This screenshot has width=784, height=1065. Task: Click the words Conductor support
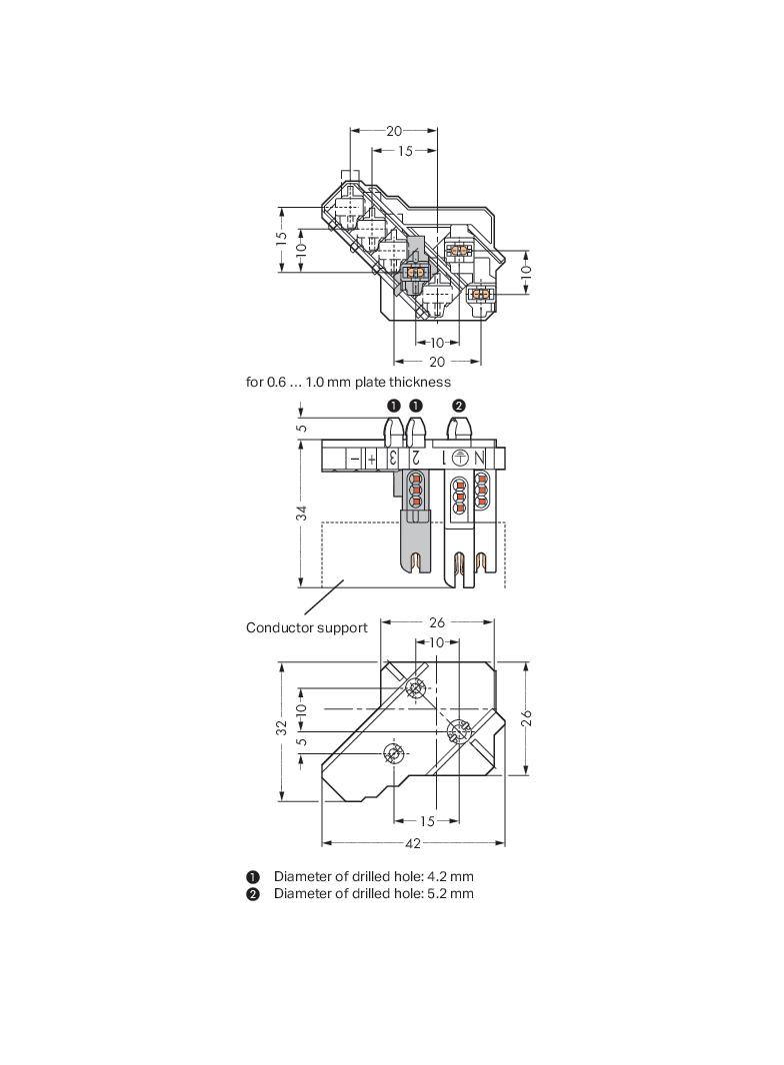click(306, 627)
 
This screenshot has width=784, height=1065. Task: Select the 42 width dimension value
click(413, 843)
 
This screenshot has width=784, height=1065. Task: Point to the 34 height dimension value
click(301, 512)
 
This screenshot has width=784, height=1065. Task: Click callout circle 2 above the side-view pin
click(459, 406)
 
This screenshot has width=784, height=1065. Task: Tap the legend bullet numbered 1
click(253, 876)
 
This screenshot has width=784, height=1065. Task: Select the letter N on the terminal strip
click(479, 459)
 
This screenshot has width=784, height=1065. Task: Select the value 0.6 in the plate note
click(277, 382)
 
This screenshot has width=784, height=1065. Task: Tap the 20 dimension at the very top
click(394, 131)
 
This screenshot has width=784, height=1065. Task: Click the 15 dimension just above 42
click(427, 821)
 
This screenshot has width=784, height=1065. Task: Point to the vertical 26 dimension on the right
click(526, 717)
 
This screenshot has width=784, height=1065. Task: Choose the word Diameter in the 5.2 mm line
click(303, 893)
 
